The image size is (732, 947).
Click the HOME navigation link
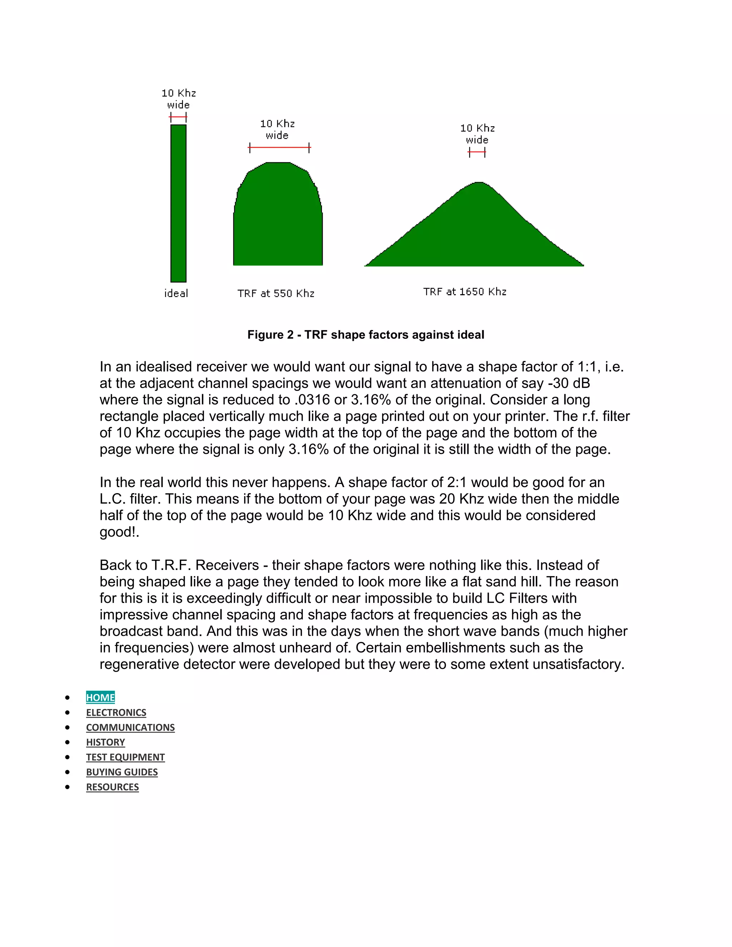[x=100, y=697]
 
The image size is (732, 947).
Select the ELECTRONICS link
[x=116, y=713]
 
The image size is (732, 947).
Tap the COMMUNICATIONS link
[x=130, y=727]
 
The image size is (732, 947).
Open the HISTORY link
[x=105, y=742]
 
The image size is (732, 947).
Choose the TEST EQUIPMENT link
[x=125, y=757]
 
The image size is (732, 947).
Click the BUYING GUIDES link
[x=122, y=772]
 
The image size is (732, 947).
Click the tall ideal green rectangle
[x=178, y=204]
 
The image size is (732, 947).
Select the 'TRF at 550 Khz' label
[x=276, y=293]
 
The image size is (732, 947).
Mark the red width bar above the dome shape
[x=279, y=148]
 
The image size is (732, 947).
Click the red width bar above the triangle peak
[x=477, y=152]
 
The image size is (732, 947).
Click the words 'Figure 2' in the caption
[x=270, y=335]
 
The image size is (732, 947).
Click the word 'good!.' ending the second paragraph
[x=119, y=532]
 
